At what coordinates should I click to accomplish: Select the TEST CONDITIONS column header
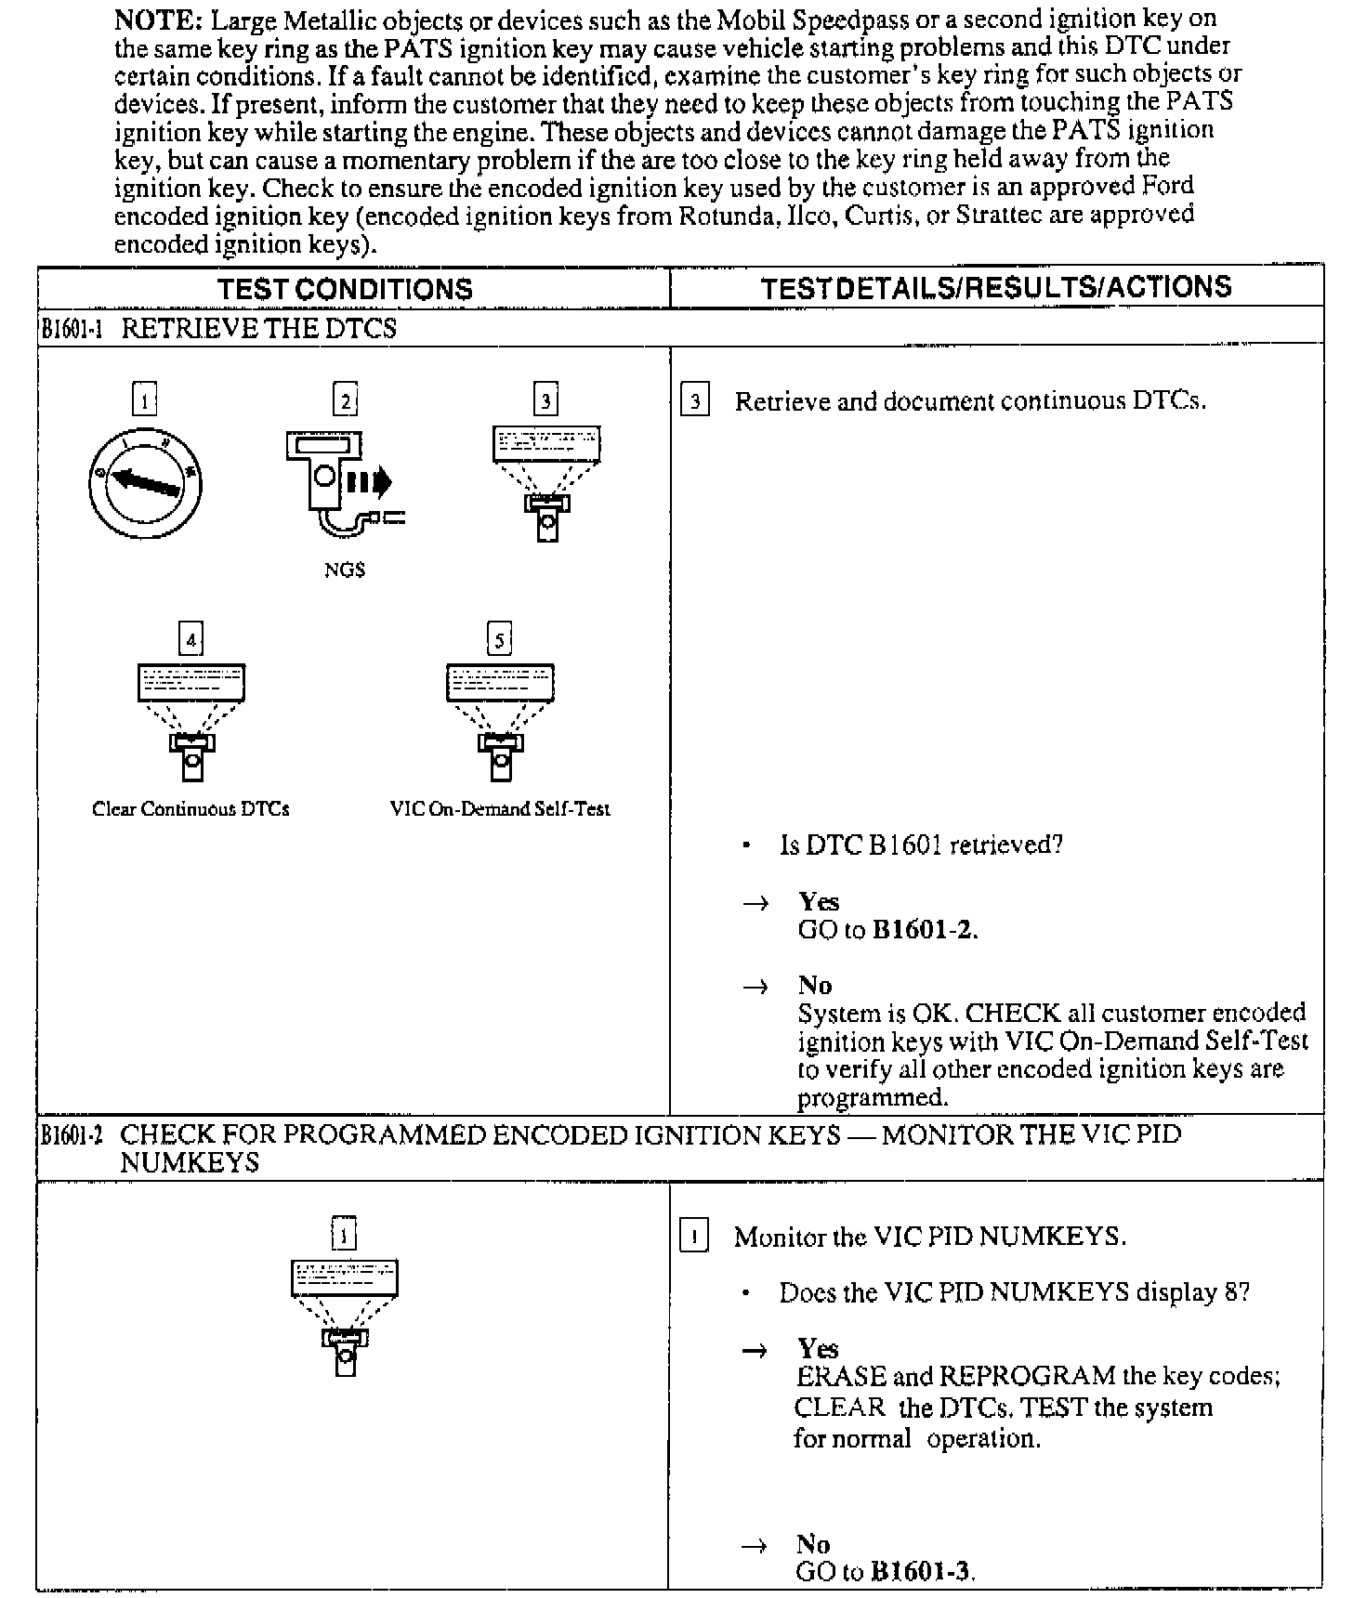point(345,289)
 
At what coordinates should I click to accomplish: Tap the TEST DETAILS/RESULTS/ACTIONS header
point(996,287)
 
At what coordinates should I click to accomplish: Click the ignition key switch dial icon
point(145,482)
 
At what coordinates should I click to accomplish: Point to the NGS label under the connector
point(345,570)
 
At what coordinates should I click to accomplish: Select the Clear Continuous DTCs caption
point(190,809)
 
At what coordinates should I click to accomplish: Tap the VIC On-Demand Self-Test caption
point(500,809)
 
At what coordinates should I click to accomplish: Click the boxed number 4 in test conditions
point(190,639)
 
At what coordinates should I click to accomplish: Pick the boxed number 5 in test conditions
point(500,639)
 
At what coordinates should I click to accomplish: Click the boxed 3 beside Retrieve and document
point(694,402)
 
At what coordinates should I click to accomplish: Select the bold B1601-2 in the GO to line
point(924,930)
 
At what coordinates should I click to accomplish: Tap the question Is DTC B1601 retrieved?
point(921,845)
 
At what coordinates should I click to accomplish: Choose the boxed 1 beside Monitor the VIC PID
point(693,1238)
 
